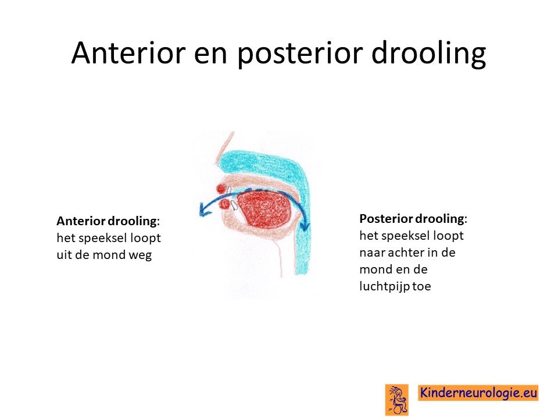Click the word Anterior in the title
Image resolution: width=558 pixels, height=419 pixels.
coord(128,52)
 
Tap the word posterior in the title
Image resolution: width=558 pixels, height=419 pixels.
coord(300,55)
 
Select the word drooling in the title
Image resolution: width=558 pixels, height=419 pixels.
coord(429,54)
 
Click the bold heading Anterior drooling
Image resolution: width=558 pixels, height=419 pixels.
coord(108,221)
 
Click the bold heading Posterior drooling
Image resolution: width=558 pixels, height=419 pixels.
coord(413,219)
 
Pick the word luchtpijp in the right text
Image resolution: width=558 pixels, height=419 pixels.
coord(384,286)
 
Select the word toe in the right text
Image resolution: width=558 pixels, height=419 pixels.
coord(422,286)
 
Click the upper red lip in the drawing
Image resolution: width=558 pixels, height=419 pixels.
coord(221,189)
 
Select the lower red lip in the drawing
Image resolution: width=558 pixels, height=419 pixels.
coord(225,204)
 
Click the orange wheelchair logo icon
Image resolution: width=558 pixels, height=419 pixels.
coord(397,400)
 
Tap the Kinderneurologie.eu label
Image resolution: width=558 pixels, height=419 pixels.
coord(478,393)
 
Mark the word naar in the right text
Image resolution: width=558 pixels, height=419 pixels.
coord(372,253)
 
